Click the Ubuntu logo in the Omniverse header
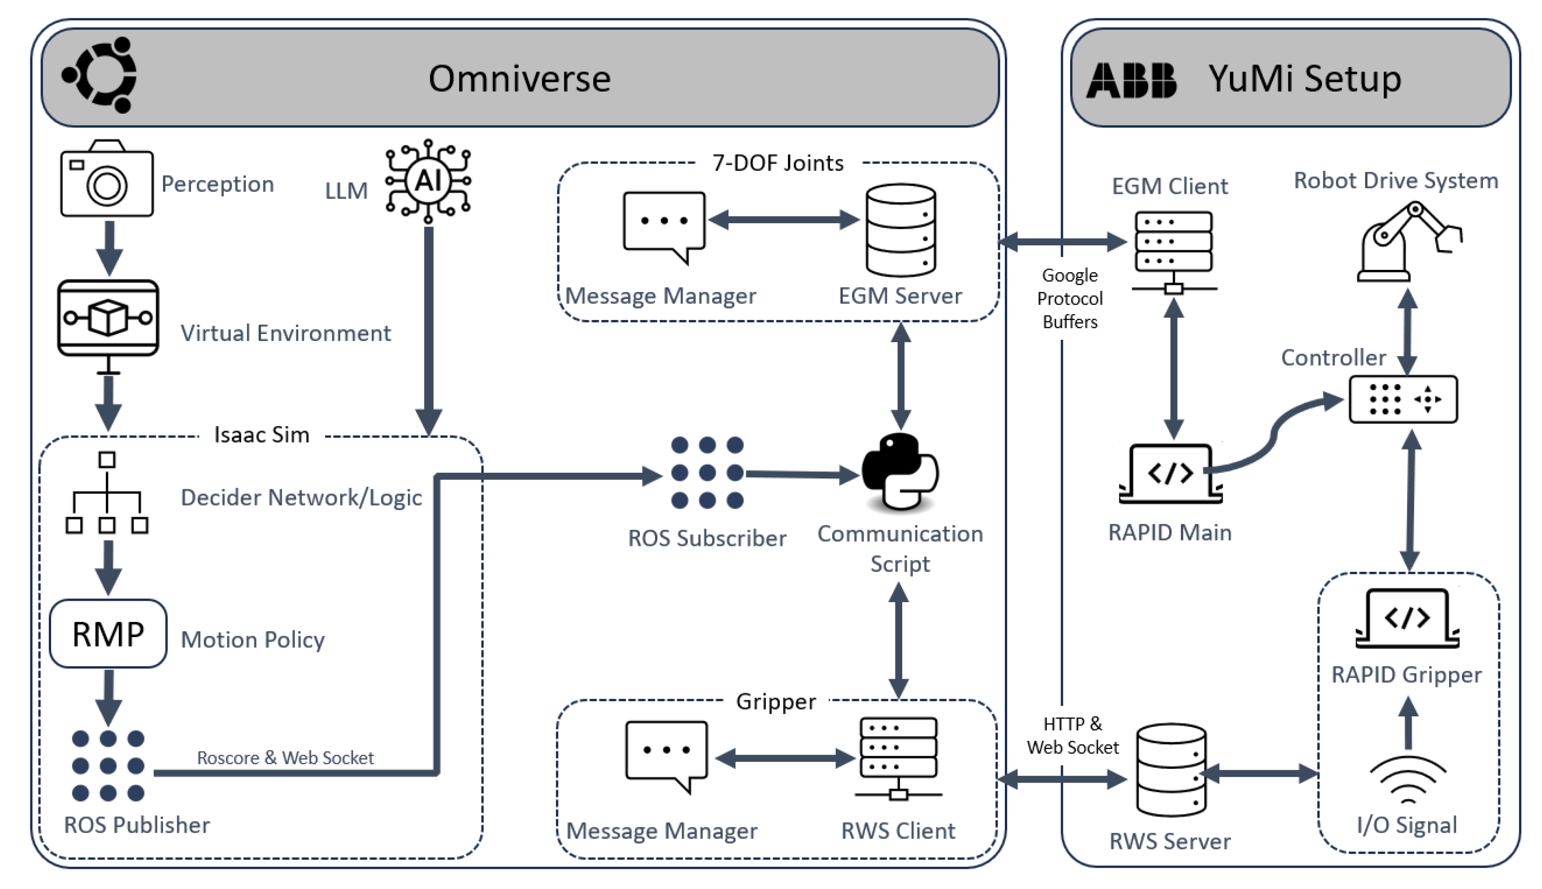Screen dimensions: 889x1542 coord(99,75)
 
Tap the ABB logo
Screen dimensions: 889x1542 coord(1130,80)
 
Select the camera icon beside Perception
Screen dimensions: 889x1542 coord(107,180)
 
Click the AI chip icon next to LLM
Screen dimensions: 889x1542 coord(428,180)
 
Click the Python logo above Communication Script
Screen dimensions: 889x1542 coord(900,471)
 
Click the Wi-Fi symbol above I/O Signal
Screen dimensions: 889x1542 coord(1408,780)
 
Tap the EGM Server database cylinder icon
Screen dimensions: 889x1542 coord(900,230)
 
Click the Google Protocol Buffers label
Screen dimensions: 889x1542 coord(1070,299)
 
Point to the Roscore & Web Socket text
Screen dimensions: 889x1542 coord(285,758)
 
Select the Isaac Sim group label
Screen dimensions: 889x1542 coord(262,435)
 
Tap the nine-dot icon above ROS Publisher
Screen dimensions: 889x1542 coord(108,766)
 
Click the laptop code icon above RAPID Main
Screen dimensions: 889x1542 coord(1170,474)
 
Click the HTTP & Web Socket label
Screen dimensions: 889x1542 coord(1072,736)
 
